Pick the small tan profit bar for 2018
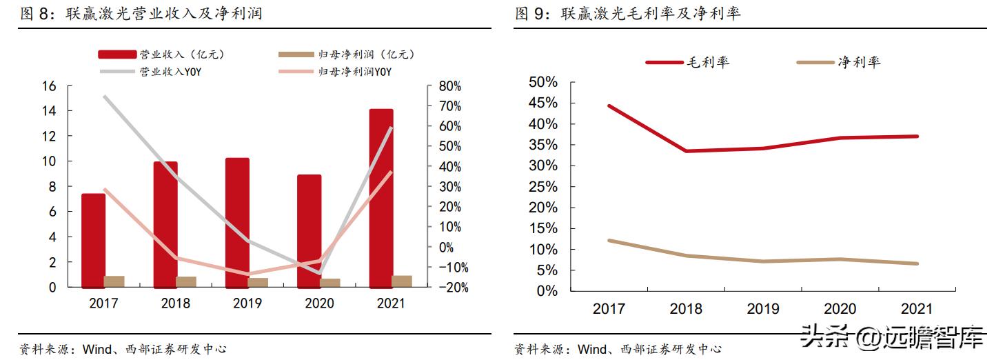pyautogui.click(x=186, y=281)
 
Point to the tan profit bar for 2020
pyautogui.click(x=330, y=282)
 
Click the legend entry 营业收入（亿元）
pyautogui.click(x=162, y=54)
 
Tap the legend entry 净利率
pyautogui.click(x=838, y=62)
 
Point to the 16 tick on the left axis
pyautogui.click(x=48, y=86)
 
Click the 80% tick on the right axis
pyautogui.click(x=449, y=86)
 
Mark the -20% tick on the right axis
pyautogui.click(x=449, y=288)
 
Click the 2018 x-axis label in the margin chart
pyautogui.click(x=686, y=309)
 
